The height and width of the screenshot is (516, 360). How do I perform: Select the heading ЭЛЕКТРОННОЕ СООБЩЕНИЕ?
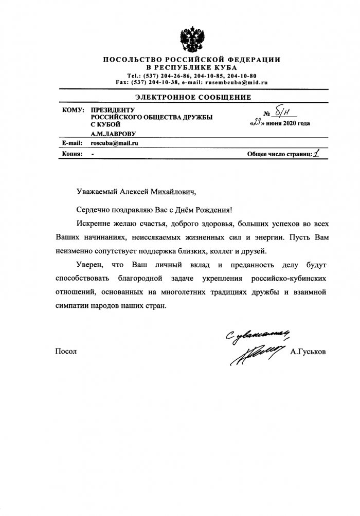(x=193, y=97)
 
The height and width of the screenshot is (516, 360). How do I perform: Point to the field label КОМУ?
(x=73, y=110)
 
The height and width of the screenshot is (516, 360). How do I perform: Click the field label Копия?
(x=73, y=154)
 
